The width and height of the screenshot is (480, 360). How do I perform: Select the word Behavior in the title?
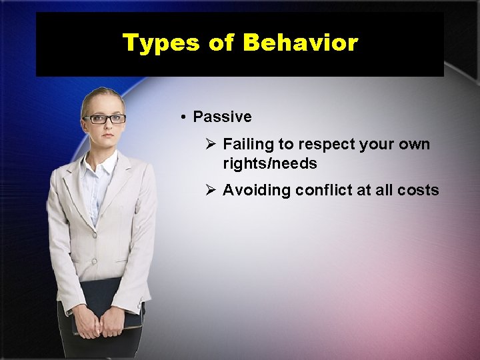[300, 43]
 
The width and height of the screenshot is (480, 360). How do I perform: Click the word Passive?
[222, 117]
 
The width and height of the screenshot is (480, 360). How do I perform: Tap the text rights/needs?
[269, 163]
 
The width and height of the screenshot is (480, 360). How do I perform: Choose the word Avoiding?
[256, 190]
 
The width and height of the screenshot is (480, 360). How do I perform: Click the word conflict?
[324, 190]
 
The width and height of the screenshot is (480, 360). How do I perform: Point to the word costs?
[418, 190]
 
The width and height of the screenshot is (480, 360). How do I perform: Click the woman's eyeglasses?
[104, 119]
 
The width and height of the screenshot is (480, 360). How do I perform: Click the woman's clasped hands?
[101, 323]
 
